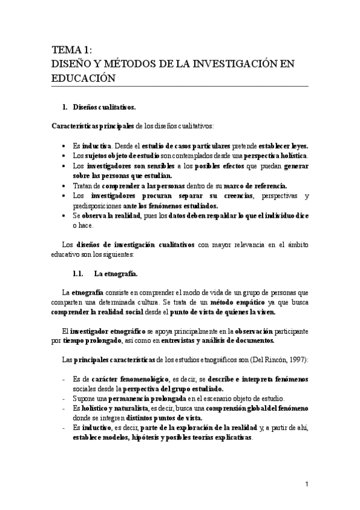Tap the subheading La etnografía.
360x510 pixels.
116,274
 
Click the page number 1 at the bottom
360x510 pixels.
307,484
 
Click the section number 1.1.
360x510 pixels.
81,274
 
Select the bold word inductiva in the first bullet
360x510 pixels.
95,146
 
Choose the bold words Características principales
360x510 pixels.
93,125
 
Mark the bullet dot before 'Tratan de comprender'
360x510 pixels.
64,186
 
